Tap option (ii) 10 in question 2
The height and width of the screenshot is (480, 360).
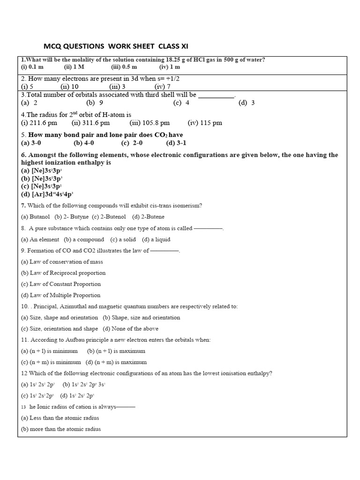[x=69, y=87]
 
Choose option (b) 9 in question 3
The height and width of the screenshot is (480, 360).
[x=95, y=103]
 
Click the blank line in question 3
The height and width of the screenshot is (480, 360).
[x=216, y=95]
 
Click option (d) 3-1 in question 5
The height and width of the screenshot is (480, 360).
[x=176, y=142]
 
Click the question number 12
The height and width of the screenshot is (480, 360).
[x=24, y=373]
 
